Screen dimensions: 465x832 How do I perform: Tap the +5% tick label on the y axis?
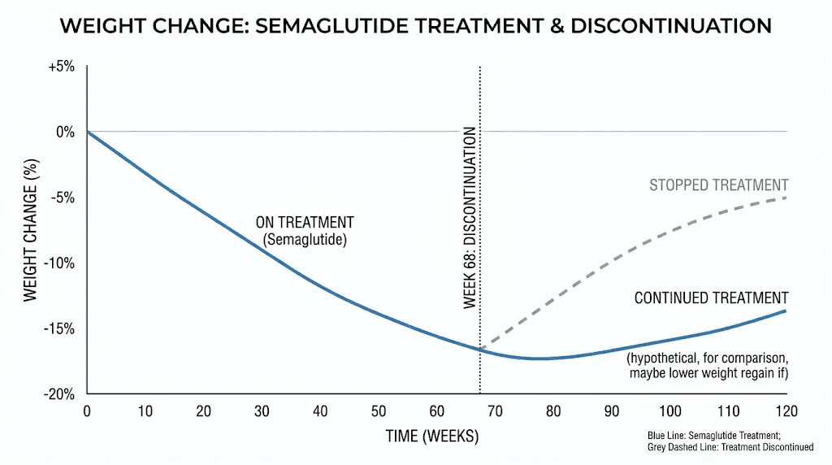60,67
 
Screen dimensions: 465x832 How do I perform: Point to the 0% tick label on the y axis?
65,132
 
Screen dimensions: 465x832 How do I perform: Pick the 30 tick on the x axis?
262,411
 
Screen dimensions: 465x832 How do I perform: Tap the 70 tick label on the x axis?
495,411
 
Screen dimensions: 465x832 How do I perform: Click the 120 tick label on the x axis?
786,411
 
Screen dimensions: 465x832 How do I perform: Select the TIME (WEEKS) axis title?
432,437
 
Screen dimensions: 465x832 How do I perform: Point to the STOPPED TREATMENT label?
719,185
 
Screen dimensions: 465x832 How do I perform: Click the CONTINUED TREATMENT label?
711,298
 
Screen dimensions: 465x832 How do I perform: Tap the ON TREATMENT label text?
305,222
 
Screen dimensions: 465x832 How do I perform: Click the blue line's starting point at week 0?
88,132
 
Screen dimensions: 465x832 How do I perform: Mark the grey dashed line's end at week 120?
786,198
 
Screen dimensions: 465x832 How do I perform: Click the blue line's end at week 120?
786,311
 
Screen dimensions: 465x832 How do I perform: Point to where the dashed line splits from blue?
481,349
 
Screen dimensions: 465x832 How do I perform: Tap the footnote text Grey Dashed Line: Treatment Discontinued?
736,447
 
